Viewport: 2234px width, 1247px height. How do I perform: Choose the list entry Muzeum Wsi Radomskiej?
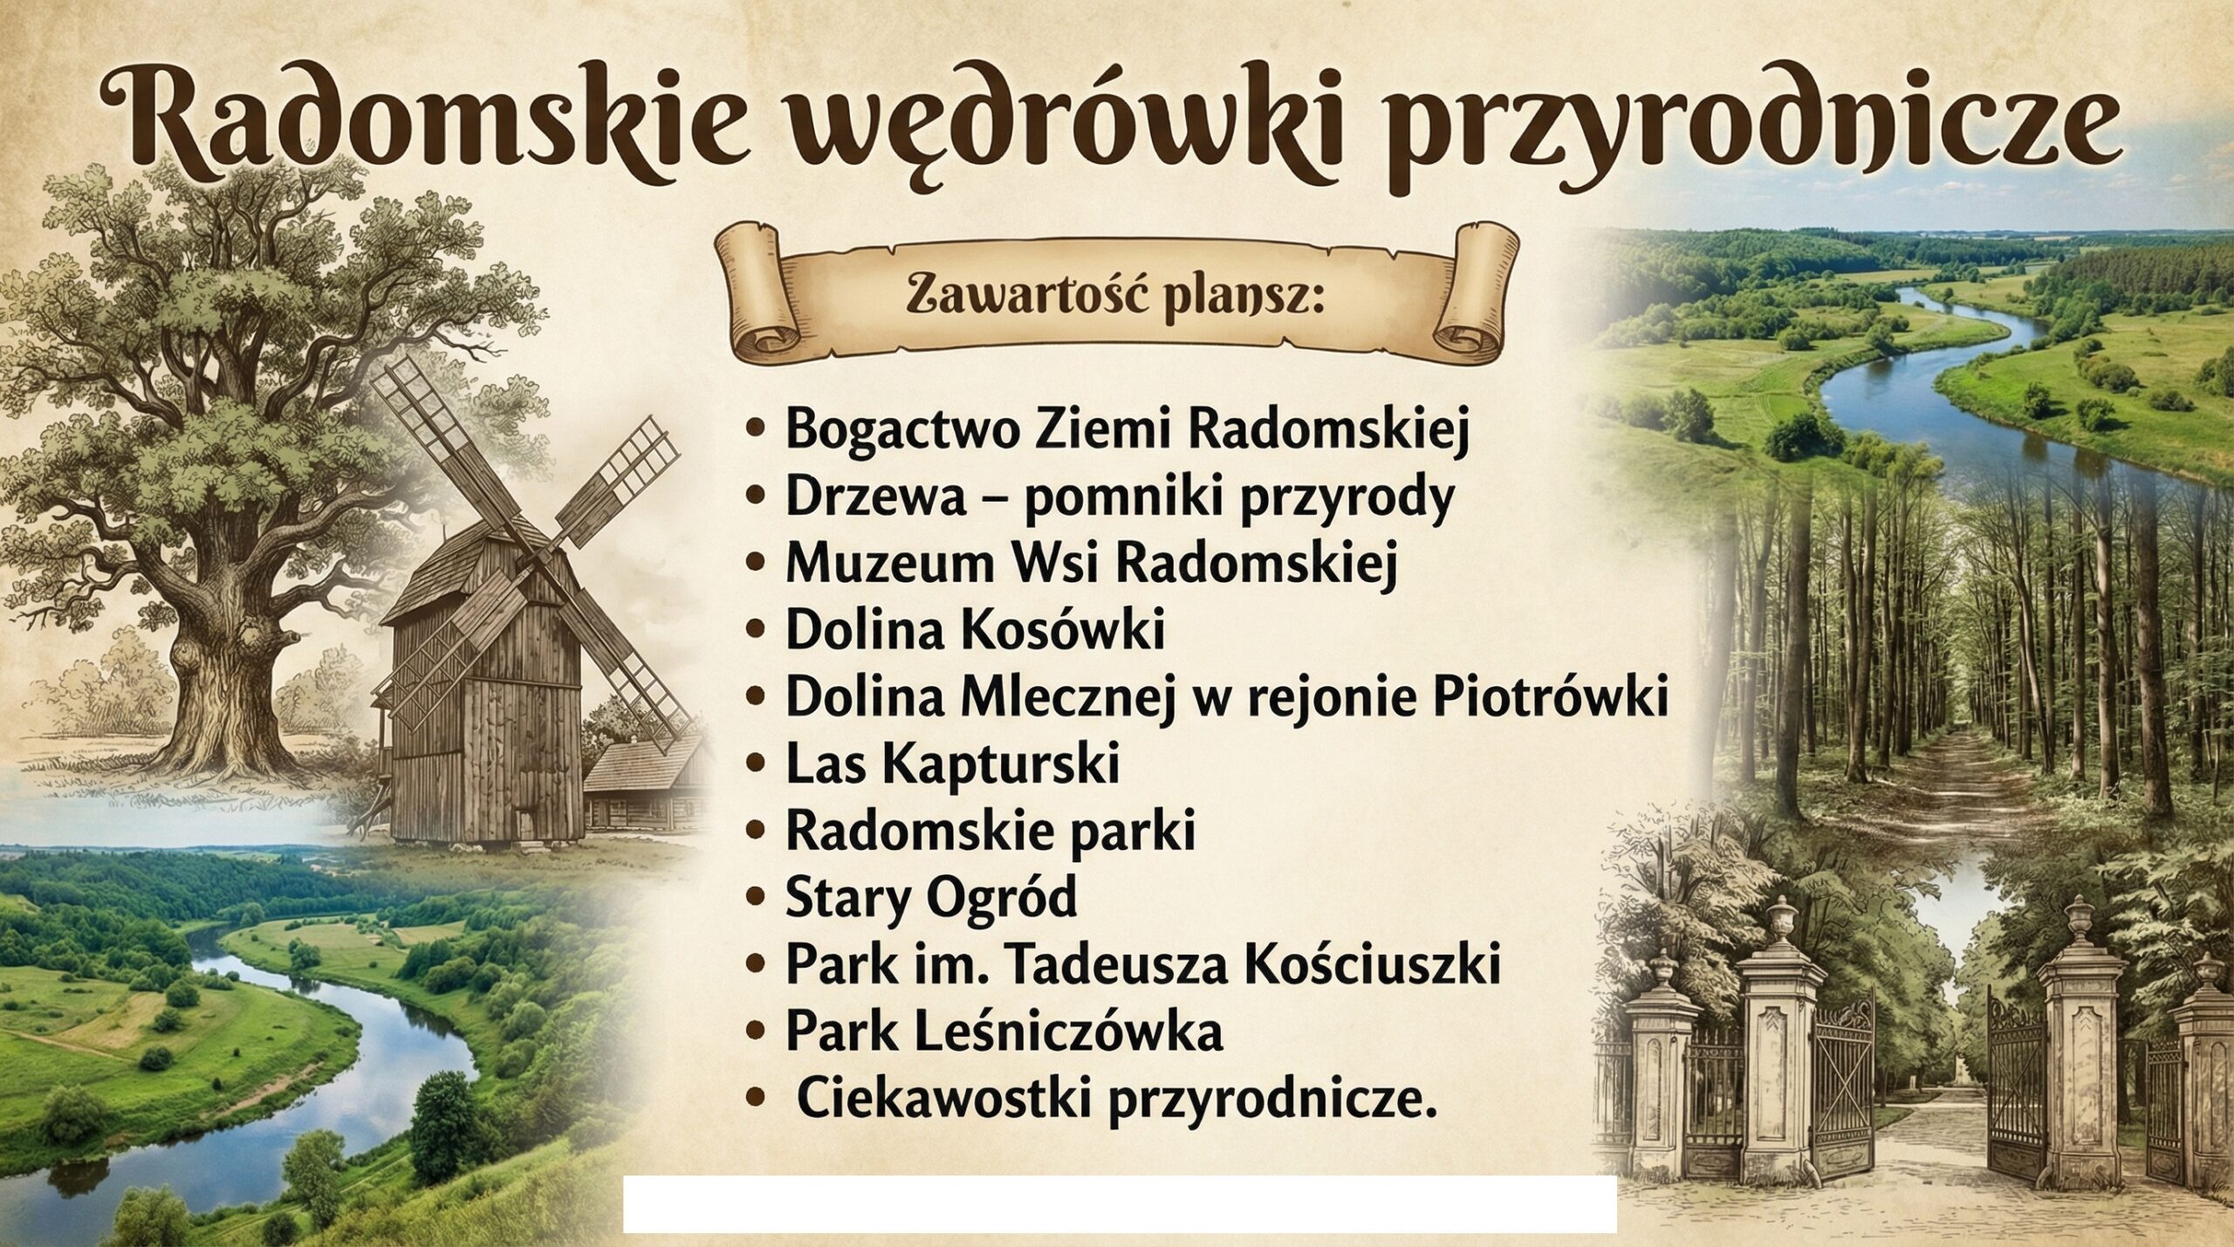(x=1091, y=564)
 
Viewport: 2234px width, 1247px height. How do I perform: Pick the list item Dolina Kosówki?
(x=975, y=631)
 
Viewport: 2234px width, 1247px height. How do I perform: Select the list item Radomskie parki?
(x=990, y=832)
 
